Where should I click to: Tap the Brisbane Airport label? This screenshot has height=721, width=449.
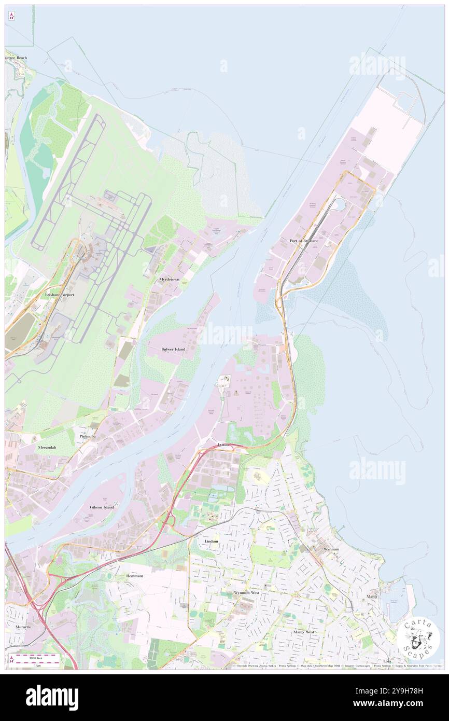pos(60,295)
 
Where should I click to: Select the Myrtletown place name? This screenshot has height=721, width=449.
pos(170,279)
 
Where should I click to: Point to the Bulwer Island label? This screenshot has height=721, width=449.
pos(173,349)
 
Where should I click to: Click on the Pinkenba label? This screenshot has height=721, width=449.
pos(87,437)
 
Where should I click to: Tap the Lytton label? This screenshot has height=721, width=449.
pos(223,445)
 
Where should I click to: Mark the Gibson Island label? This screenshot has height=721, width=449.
pos(102,507)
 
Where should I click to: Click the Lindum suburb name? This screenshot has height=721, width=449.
pos(212,541)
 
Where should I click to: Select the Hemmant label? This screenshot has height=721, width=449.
pos(134,576)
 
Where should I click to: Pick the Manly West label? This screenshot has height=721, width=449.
pos(303,632)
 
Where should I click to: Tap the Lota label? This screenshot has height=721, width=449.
pos(387,661)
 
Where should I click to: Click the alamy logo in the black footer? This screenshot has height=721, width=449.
pos(52,698)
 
